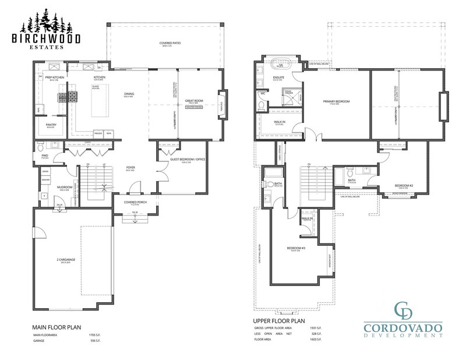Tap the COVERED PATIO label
[x=170, y=43]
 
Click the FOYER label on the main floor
[x=131, y=167]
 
